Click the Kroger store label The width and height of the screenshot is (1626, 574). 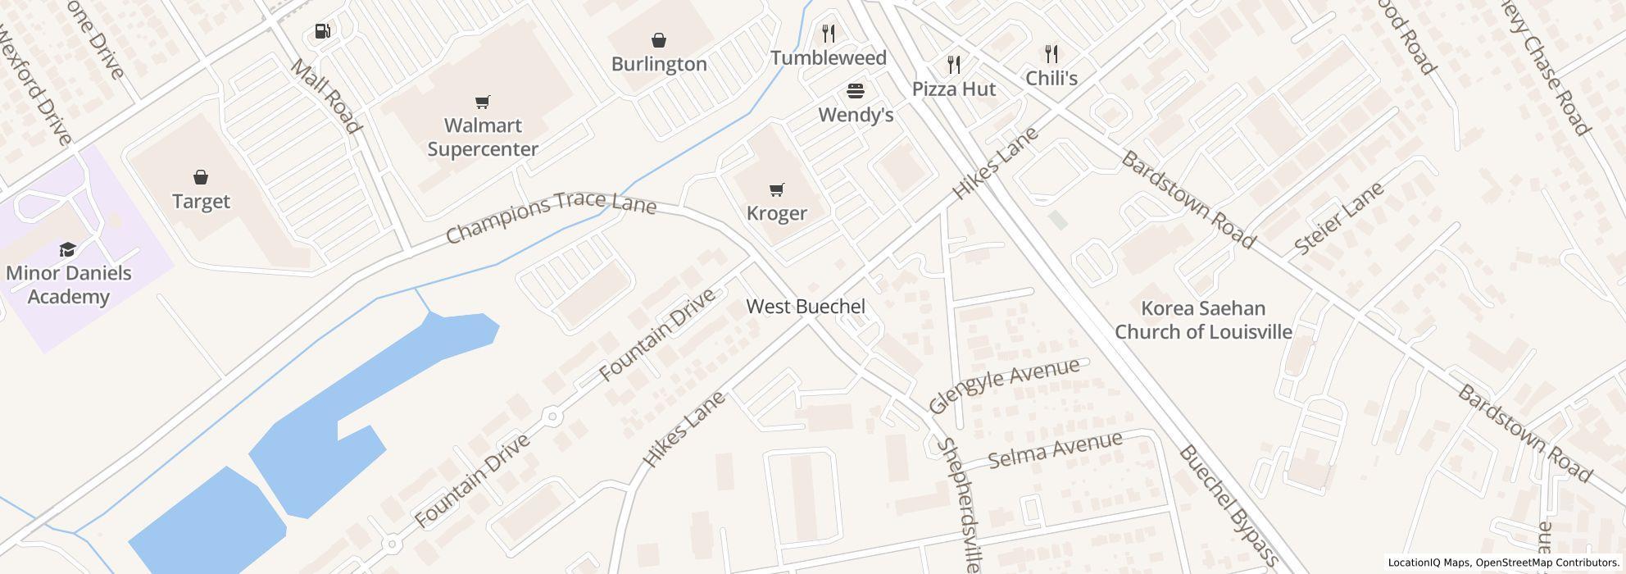776,213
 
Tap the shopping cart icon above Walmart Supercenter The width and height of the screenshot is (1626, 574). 483,102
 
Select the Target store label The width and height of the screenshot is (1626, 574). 201,201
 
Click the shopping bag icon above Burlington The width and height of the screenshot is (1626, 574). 659,40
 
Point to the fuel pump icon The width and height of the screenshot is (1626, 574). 322,32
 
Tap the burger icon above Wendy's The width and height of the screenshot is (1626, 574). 856,90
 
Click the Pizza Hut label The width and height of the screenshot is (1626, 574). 953,89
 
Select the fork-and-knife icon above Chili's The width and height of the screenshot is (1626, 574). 1051,55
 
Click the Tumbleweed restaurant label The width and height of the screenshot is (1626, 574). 828,58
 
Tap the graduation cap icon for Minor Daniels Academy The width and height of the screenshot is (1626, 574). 67,249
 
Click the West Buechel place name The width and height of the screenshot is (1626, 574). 805,307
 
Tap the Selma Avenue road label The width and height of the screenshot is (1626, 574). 1055,449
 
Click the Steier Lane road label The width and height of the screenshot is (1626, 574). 1338,218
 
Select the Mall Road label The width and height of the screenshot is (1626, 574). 325,96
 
